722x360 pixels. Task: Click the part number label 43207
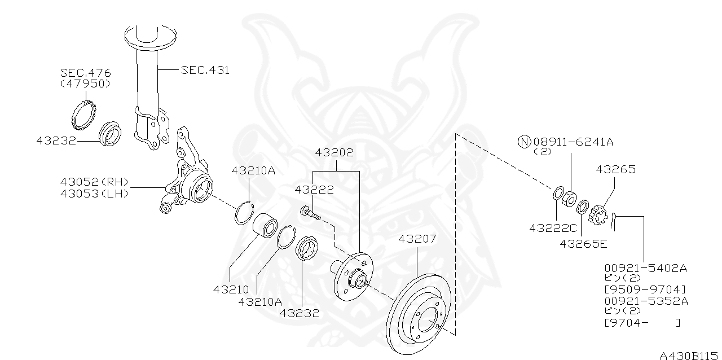point(417,239)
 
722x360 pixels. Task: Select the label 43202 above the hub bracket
point(334,152)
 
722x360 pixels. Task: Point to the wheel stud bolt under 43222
point(310,213)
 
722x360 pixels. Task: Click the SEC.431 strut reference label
point(205,70)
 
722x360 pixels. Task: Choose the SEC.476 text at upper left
point(85,73)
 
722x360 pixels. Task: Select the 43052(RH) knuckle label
point(94,182)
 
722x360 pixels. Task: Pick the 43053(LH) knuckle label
point(94,193)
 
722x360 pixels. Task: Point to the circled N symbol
point(524,141)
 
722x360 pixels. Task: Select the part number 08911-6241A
point(572,141)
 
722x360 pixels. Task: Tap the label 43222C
point(553,228)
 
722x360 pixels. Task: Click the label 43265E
point(583,243)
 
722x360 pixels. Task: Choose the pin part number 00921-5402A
point(645,268)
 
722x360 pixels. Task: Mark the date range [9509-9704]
point(645,289)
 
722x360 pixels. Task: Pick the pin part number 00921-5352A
point(645,301)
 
